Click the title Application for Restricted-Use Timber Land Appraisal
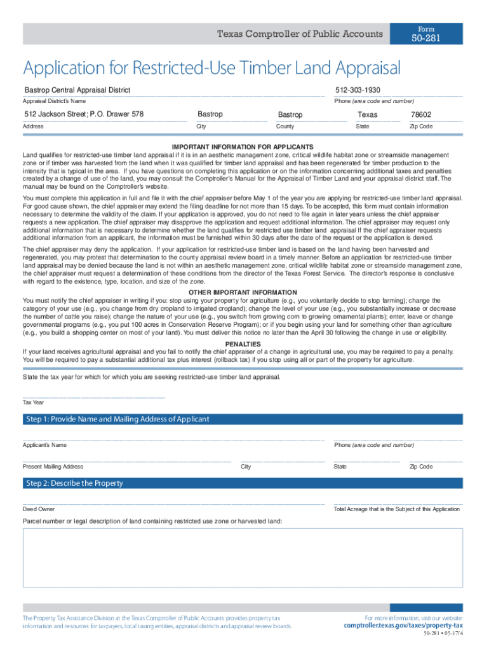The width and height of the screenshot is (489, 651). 211,69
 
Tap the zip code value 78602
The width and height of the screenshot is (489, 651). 421,114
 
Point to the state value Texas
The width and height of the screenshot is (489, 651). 367,114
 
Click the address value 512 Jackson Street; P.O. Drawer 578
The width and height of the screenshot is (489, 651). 84,114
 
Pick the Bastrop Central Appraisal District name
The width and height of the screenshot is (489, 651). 77,90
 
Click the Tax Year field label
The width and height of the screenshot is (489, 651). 33,402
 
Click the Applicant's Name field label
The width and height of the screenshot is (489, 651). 44,445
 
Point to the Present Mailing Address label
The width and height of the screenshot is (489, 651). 53,467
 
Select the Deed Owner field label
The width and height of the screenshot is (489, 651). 39,509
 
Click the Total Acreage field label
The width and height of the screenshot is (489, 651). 397,509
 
